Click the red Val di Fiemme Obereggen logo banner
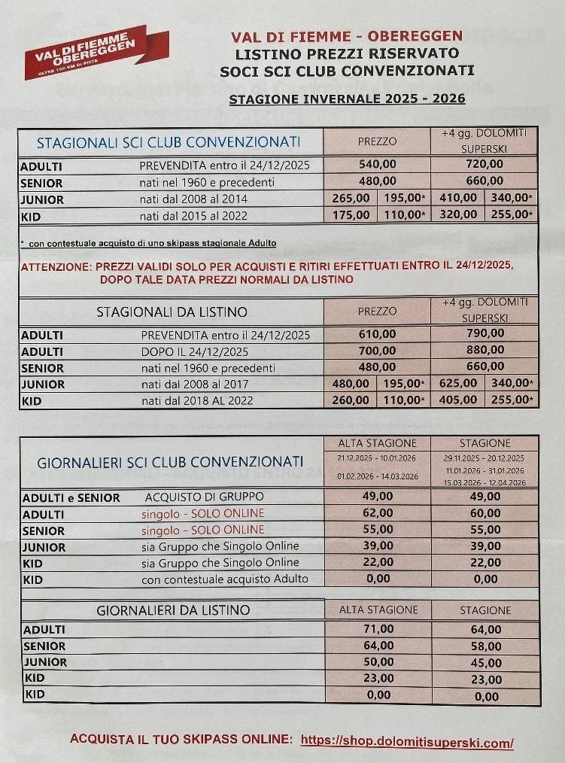tap(96, 52)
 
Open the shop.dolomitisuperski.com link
tap(406, 742)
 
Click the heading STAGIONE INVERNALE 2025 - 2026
tap(347, 99)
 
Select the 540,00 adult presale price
tap(377, 165)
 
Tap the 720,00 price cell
tap(484, 165)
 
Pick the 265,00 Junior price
tap(350, 199)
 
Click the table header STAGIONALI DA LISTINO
tap(172, 312)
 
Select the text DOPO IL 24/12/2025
tap(194, 351)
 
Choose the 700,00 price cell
tap(377, 351)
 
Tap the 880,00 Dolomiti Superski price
tap(484, 351)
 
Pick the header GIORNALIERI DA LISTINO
tap(173, 610)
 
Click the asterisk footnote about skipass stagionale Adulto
tap(148, 243)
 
